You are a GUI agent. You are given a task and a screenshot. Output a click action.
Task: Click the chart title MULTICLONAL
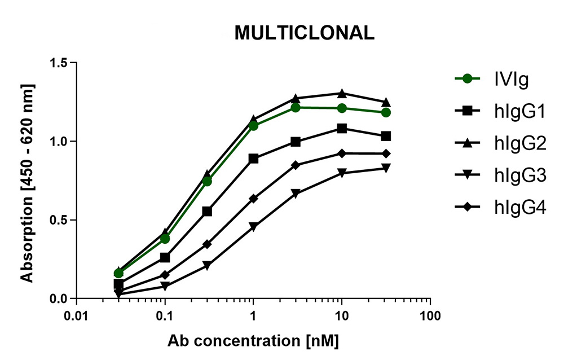point(304,33)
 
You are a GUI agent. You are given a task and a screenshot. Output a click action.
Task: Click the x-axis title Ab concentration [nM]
point(254,341)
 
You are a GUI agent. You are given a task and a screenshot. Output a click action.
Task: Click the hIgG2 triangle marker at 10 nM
point(342,93)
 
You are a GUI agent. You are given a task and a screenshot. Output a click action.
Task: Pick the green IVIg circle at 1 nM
point(253,126)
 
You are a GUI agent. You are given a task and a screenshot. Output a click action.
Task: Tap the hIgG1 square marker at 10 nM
point(342,129)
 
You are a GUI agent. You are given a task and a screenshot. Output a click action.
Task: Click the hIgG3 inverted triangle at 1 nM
point(253,227)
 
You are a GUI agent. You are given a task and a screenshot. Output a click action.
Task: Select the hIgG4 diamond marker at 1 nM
point(253,199)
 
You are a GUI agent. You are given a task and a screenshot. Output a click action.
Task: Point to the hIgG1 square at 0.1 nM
point(165,258)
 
